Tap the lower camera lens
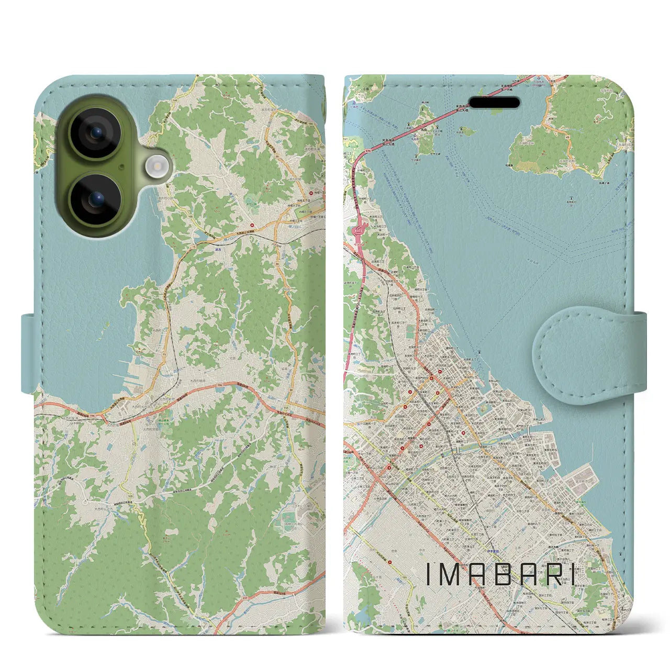point(96,199)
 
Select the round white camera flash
point(155,167)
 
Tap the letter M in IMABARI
point(455,574)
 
